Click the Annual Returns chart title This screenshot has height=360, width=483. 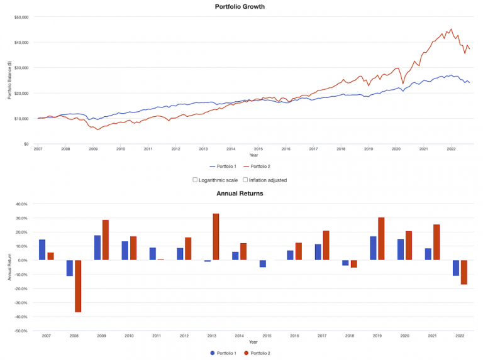coord(240,194)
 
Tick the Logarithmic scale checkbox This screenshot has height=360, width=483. coord(195,180)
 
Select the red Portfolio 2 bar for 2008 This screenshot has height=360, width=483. coord(78,286)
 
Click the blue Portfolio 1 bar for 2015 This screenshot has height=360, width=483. coord(263,264)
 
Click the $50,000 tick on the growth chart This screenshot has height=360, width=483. coord(21,17)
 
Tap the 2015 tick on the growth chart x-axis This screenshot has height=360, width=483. coord(258,149)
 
